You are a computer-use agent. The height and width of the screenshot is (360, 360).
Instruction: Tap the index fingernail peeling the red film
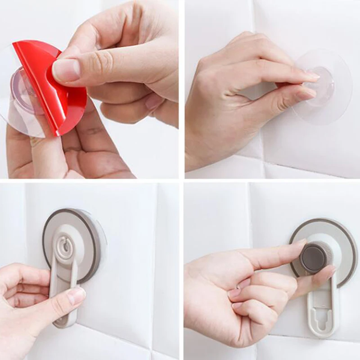[x=66, y=70]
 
